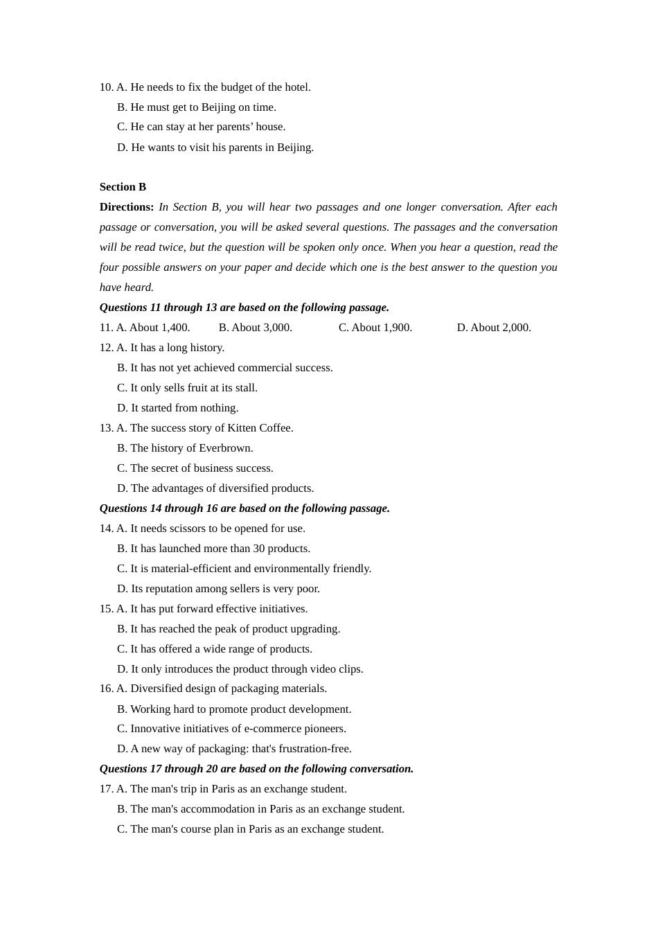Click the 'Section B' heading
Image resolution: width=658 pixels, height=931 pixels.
(123, 187)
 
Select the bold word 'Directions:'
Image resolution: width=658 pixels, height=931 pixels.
(127, 207)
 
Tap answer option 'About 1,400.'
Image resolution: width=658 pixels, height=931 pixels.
(159, 328)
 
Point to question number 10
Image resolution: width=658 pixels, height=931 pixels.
(106, 87)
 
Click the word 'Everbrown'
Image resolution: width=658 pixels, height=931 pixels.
(225, 448)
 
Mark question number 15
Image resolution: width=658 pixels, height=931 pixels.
(106, 609)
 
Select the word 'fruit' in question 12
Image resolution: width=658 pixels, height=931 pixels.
(199, 388)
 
